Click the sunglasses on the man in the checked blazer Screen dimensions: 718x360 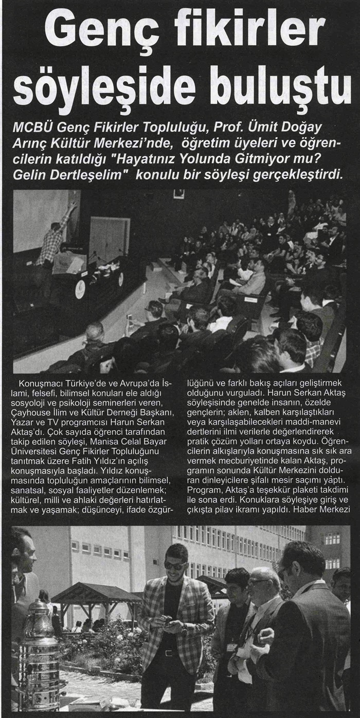click(175, 566)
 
